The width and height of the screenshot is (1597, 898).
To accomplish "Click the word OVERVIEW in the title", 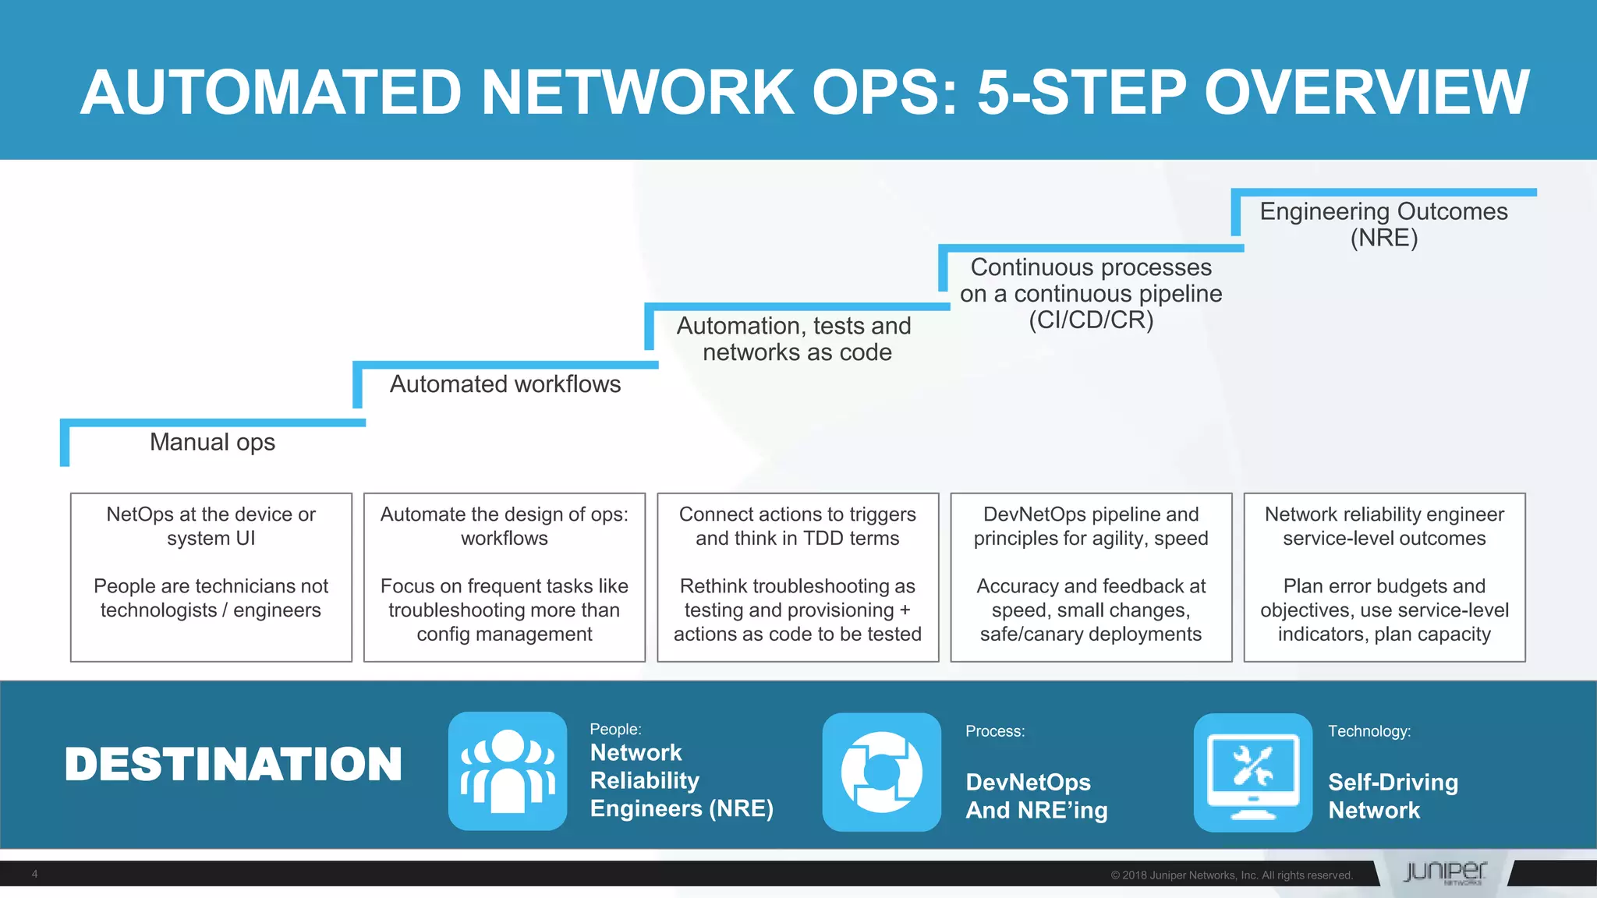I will pos(1366,92).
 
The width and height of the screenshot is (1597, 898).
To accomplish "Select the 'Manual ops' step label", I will pos(212,442).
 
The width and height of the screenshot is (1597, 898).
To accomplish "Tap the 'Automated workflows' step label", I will pos(505,384).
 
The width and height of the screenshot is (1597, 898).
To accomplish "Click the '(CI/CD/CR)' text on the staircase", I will pos(1090,320).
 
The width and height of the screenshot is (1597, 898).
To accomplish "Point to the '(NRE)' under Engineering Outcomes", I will pos(1383,238).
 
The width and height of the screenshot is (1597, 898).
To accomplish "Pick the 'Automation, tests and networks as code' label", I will pos(795,339).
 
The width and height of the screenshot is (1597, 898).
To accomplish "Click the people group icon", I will pos(508,771).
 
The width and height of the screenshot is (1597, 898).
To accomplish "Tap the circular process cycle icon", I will pos(882,772).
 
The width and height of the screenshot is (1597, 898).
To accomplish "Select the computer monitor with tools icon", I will pos(1253,772).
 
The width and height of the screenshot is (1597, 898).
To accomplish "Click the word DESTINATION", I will pos(233,764).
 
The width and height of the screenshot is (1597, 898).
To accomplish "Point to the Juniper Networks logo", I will pos(1445,872).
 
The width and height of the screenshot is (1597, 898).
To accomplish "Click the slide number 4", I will pos(34,874).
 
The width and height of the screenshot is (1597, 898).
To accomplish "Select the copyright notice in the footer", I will pos(1231,875).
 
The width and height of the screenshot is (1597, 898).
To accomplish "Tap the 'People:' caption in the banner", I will pos(615,729).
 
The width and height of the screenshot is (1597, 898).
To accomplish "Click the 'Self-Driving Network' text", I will pos(1393,796).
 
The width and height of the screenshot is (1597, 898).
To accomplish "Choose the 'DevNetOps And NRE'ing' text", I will pos(1036,796).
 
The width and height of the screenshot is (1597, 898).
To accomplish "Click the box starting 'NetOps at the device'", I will pos(211,577).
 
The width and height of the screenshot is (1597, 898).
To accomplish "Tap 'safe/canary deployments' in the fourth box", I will pos(1090,635).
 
